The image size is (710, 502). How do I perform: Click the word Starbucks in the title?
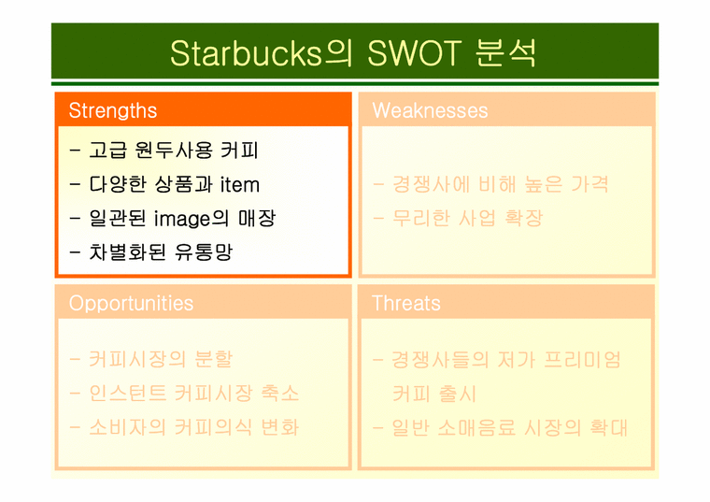[247, 53]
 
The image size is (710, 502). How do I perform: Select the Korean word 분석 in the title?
[506, 53]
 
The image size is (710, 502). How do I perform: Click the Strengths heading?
[113, 110]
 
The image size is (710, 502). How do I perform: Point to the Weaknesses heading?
[430, 110]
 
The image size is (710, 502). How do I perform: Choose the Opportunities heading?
[131, 303]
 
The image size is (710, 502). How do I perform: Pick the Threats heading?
[405, 303]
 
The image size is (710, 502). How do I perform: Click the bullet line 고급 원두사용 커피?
[174, 150]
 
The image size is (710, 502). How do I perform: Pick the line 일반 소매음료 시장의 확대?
[509, 427]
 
